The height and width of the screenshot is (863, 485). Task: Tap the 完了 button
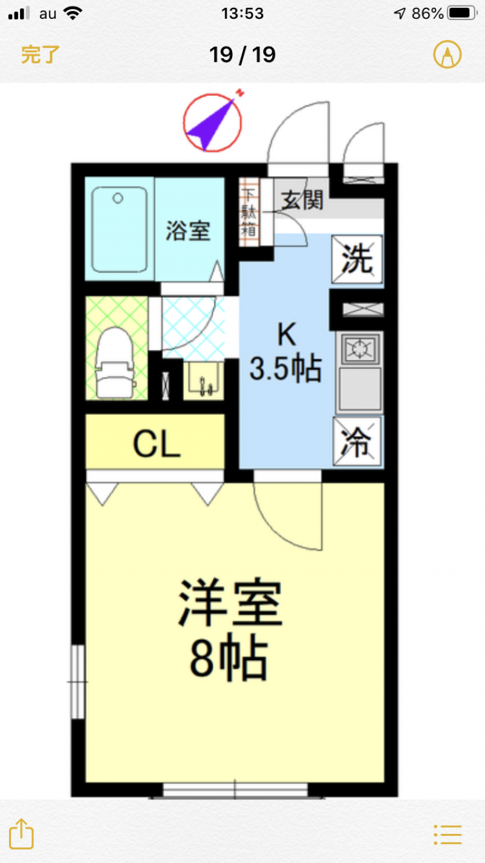41,55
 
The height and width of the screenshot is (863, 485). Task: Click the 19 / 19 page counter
242,55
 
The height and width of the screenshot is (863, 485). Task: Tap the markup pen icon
447,55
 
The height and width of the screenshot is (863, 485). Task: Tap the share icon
22,834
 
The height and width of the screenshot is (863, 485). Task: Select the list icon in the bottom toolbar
447,835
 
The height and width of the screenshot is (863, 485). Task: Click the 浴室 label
188,230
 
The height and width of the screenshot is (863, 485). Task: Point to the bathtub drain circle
118,198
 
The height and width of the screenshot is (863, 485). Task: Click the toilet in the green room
115,363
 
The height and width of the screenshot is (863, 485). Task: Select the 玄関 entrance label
302,200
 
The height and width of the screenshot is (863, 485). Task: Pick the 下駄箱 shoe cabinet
249,212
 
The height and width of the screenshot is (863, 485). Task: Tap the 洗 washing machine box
357,259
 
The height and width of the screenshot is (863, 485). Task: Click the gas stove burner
359,348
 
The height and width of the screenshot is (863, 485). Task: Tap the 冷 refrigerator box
356,441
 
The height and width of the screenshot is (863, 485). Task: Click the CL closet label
157,444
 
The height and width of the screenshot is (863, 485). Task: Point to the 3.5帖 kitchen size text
286,369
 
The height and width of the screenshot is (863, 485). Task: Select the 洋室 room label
230,602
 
